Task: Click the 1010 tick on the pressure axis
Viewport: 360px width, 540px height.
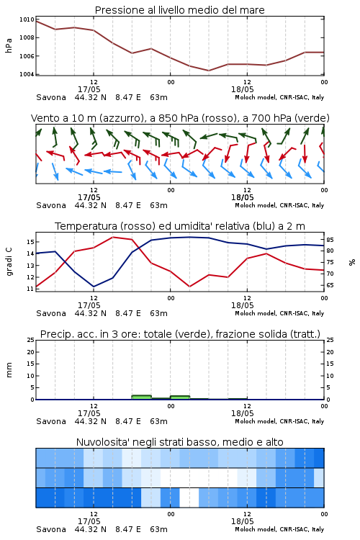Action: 27,19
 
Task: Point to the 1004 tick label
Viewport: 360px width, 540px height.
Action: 27,74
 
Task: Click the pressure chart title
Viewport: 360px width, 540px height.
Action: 180,10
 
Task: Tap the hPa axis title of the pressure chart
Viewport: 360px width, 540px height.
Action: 9,45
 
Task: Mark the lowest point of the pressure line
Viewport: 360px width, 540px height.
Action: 208,71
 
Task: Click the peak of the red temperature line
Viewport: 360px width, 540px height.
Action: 113,237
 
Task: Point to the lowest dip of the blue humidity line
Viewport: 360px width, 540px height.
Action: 94,287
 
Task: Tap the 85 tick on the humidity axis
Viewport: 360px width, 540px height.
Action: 330,240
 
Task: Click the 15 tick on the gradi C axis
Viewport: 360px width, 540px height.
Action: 30,242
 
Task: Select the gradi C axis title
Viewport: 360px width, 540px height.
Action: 9,261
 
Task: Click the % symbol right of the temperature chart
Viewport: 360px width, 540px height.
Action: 352,262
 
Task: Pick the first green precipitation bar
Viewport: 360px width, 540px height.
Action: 142,397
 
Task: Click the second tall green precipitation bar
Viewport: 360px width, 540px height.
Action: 180,397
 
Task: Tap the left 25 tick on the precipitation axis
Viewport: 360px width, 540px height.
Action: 31,340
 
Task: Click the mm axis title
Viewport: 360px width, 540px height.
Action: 9,370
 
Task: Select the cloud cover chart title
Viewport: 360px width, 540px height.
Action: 180,442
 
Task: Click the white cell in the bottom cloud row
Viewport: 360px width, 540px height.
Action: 189,498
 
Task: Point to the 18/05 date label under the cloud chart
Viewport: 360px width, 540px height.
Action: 242,521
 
